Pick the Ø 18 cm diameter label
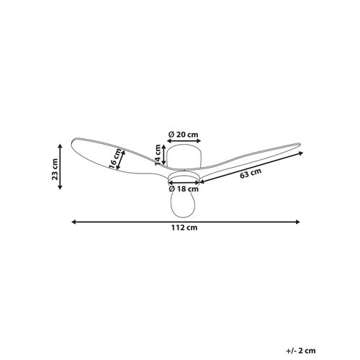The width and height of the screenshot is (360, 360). (x=185, y=189)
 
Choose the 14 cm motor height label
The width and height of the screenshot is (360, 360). (x=157, y=153)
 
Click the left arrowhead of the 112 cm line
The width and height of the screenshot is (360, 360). (x=73, y=220)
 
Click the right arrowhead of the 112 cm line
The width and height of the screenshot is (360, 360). (x=297, y=220)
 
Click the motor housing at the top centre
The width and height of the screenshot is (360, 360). (x=184, y=155)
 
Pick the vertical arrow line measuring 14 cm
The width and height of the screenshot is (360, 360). (x=163, y=153)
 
